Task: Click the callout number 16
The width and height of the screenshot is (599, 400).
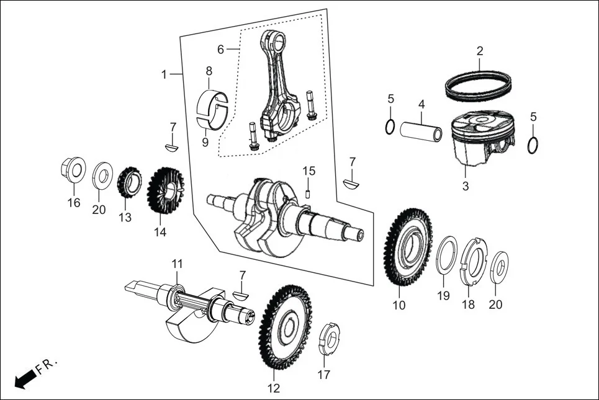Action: [74, 203]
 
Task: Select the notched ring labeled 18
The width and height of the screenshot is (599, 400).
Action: [475, 261]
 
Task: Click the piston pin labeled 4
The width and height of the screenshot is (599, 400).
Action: [420, 131]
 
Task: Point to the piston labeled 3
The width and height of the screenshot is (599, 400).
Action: [477, 140]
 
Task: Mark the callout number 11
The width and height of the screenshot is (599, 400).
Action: [178, 264]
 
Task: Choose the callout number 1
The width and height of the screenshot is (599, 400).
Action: [164, 74]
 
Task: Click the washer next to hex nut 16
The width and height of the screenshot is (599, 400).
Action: [102, 176]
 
